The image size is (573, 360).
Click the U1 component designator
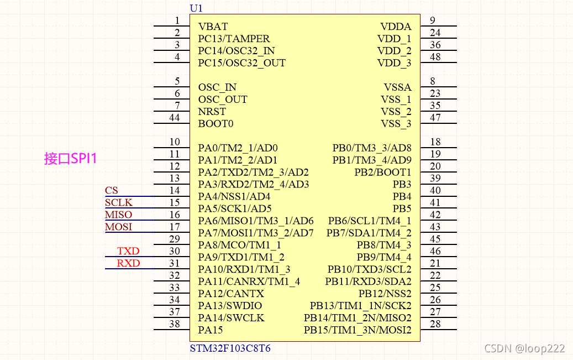click(196, 8)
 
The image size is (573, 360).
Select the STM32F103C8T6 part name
click(230, 349)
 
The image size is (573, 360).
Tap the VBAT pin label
click(213, 27)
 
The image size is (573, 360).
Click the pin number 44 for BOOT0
click(175, 117)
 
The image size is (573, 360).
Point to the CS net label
click(112, 191)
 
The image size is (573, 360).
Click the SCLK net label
click(119, 203)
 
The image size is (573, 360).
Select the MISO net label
click(119, 215)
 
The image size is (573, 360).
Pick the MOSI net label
click(119, 227)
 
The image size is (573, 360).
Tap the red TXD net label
click(128, 252)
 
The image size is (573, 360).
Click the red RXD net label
click(128, 264)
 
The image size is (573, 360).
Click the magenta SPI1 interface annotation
click(71, 159)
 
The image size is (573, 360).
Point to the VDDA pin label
click(396, 27)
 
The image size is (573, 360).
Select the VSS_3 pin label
click(396, 124)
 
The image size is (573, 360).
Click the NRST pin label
click(212, 112)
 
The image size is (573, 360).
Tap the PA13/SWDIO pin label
click(230, 306)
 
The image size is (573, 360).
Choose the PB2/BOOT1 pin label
click(383, 173)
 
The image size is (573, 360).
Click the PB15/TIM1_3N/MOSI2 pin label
click(358, 331)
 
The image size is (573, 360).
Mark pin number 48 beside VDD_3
click(435, 57)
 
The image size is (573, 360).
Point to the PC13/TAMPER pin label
click(234, 39)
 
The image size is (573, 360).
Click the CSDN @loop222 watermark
click(524, 348)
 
